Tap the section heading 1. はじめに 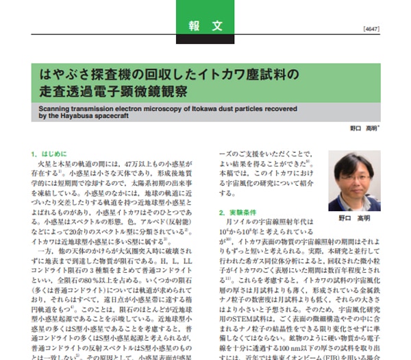[x=49, y=154]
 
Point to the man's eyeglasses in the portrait [x=354, y=174]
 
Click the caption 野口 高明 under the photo [x=354, y=218]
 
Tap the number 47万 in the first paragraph [x=129, y=165]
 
